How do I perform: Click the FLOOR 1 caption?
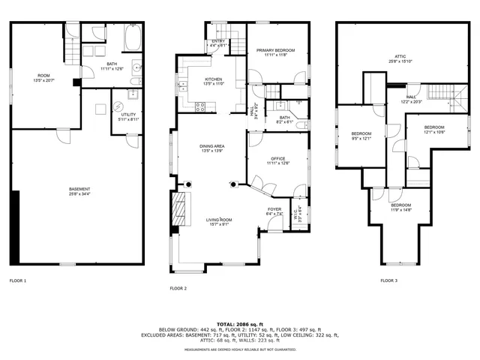[x=18, y=280]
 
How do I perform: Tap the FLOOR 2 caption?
[x=178, y=288]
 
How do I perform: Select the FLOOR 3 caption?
[x=388, y=280]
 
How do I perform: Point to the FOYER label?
[x=274, y=211]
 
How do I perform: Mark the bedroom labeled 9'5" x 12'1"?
[x=361, y=136]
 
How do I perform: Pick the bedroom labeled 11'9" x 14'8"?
[x=400, y=207]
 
